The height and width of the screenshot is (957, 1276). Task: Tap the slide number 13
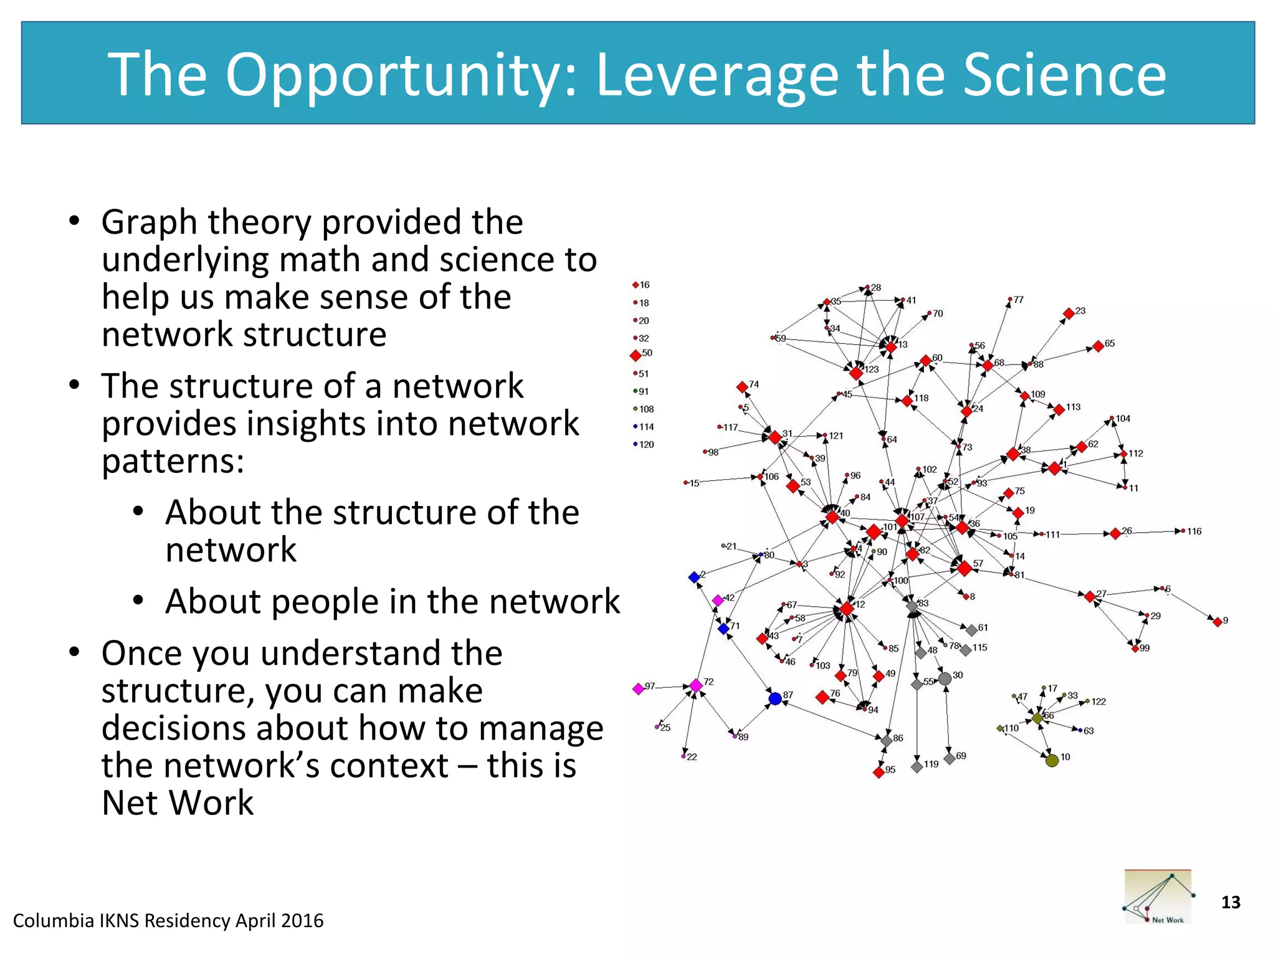[x=1231, y=902]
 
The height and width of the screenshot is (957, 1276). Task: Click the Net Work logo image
[x=1158, y=897]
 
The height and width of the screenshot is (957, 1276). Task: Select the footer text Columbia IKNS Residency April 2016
[x=168, y=920]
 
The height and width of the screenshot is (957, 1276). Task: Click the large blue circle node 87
[x=775, y=698]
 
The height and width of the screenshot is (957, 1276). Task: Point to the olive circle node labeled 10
[x=1052, y=760]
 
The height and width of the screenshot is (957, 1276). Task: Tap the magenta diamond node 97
[x=638, y=688]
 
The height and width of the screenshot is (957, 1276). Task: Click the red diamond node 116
[x=1183, y=531]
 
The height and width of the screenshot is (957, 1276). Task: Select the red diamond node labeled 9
[x=1217, y=621]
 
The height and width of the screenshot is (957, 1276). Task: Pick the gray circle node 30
[x=945, y=678]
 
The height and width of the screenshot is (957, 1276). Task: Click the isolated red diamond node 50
[x=636, y=355]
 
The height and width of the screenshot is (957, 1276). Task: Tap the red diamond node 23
[x=1069, y=313]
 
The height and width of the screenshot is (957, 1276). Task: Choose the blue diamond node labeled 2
[x=694, y=577]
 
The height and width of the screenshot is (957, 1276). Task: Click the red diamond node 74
[x=742, y=387]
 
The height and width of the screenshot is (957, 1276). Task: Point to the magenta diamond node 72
[x=696, y=685]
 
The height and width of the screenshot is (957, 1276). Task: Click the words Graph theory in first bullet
[x=206, y=222]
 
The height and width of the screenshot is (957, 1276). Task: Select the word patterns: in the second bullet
[x=173, y=461]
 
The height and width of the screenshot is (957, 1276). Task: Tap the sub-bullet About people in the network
[x=393, y=601]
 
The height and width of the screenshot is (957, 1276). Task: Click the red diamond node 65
[x=1098, y=346]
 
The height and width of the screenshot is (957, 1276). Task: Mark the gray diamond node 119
[x=917, y=766]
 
